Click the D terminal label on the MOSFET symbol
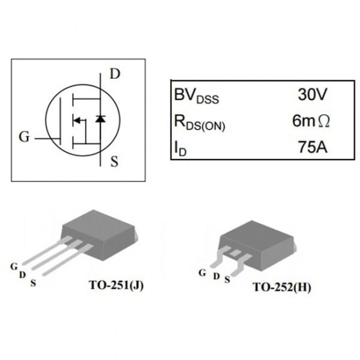coord(115,74)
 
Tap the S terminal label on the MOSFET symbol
coord(115,160)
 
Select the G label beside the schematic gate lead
coord(24,137)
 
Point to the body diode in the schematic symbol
coord(99,119)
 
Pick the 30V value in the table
coord(312,95)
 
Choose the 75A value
coord(312,148)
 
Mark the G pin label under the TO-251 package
coord(13,265)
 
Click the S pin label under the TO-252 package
coord(227,279)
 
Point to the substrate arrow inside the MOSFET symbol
coord(78,120)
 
